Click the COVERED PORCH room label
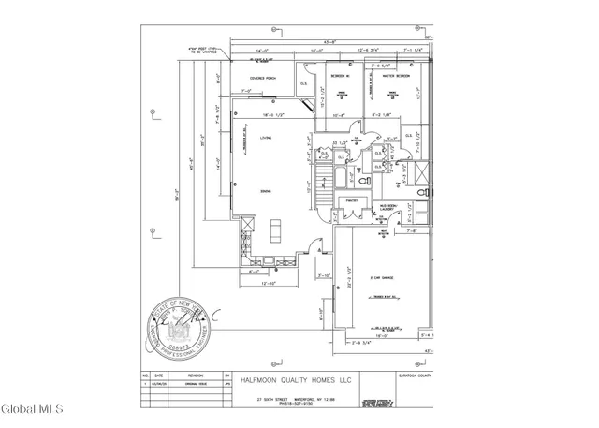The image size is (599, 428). tap(256, 78)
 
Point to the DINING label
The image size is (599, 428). tap(266, 191)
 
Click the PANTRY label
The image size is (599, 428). tap(353, 200)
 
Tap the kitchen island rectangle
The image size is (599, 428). tap(276, 229)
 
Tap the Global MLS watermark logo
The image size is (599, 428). tap(32, 408)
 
